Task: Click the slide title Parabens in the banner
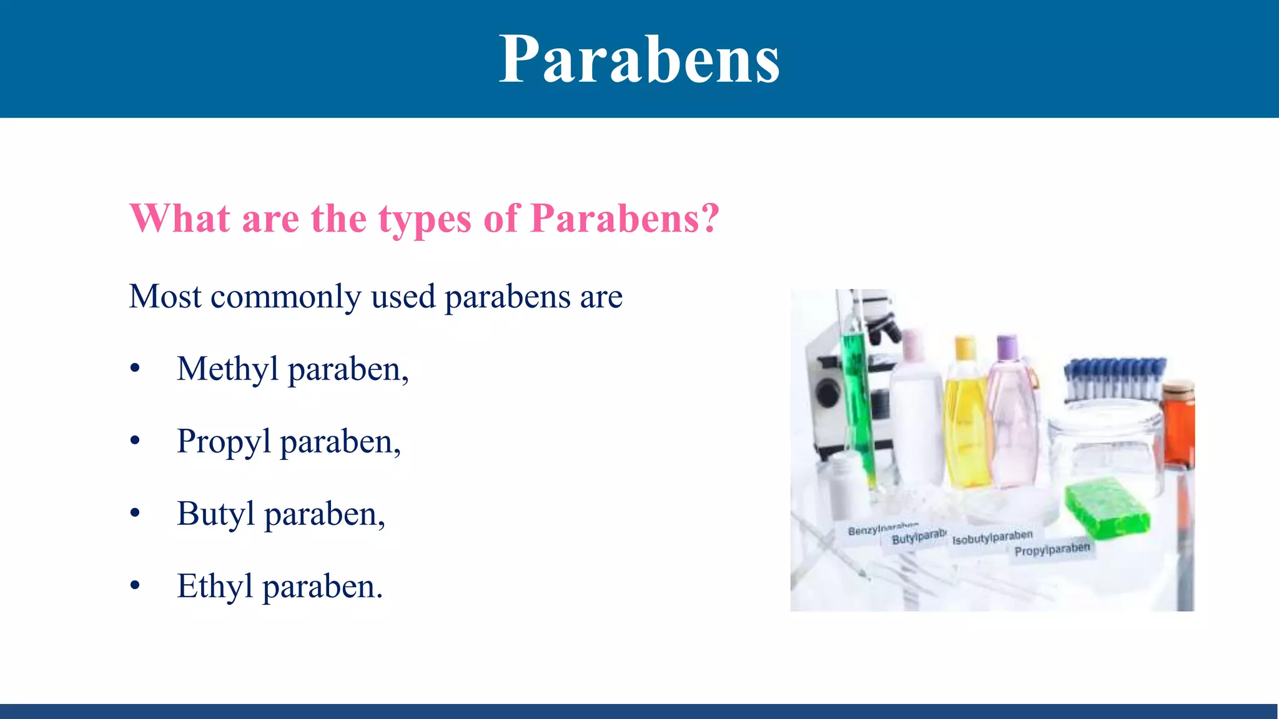639,59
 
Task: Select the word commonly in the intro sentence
285,297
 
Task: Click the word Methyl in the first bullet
227,369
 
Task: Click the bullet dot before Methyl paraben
135,369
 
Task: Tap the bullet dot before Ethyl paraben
135,586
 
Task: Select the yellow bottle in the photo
966,424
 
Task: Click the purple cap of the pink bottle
1007,347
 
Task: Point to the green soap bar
1107,507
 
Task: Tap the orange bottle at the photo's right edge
1178,424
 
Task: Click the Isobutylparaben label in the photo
992,537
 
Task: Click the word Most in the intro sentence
165,296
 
